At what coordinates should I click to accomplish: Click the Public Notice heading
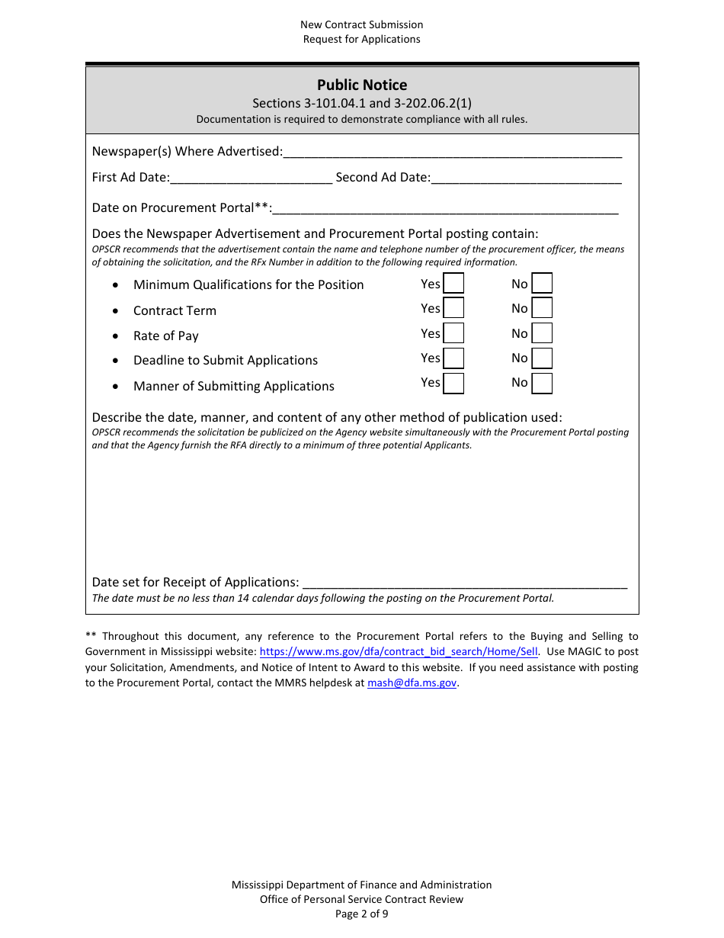362,85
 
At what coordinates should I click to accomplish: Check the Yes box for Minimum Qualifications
453,284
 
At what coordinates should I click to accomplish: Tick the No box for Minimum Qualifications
542,284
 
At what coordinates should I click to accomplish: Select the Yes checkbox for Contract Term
453,308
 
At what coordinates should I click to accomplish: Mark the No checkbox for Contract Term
542,308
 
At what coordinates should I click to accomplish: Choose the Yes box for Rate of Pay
453,333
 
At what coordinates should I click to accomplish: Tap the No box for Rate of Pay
542,333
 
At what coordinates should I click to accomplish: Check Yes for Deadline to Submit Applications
453,358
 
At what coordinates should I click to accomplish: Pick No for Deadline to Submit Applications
542,358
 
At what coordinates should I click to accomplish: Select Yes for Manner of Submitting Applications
453,383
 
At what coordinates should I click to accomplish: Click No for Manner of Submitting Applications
542,383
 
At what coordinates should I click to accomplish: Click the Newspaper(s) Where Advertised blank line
452,152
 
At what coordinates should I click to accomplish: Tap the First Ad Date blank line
251,178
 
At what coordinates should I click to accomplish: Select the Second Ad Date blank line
526,178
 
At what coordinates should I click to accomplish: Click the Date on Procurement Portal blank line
445,208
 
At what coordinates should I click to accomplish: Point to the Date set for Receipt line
465,583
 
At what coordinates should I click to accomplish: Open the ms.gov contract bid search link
399,652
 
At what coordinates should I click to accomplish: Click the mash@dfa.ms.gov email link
412,683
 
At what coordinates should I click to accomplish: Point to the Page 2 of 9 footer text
362,914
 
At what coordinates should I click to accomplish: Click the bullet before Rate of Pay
115,336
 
